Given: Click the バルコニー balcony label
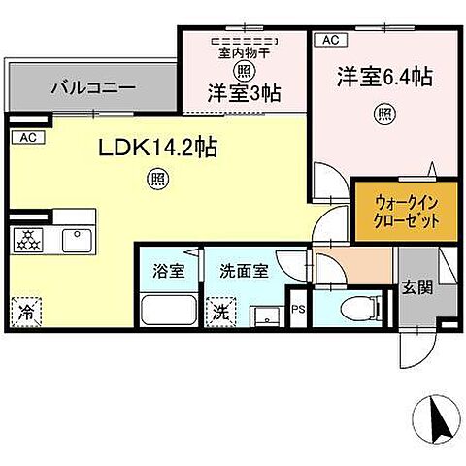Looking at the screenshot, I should (93, 87).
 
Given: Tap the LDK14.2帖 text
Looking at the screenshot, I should (154, 148).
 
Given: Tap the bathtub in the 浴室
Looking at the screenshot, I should (170, 313).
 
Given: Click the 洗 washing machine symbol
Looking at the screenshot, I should (222, 313).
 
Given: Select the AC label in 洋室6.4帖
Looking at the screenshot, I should (329, 40).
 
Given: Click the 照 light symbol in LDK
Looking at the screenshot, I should (154, 179).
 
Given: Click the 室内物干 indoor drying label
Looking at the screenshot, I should (244, 53).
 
